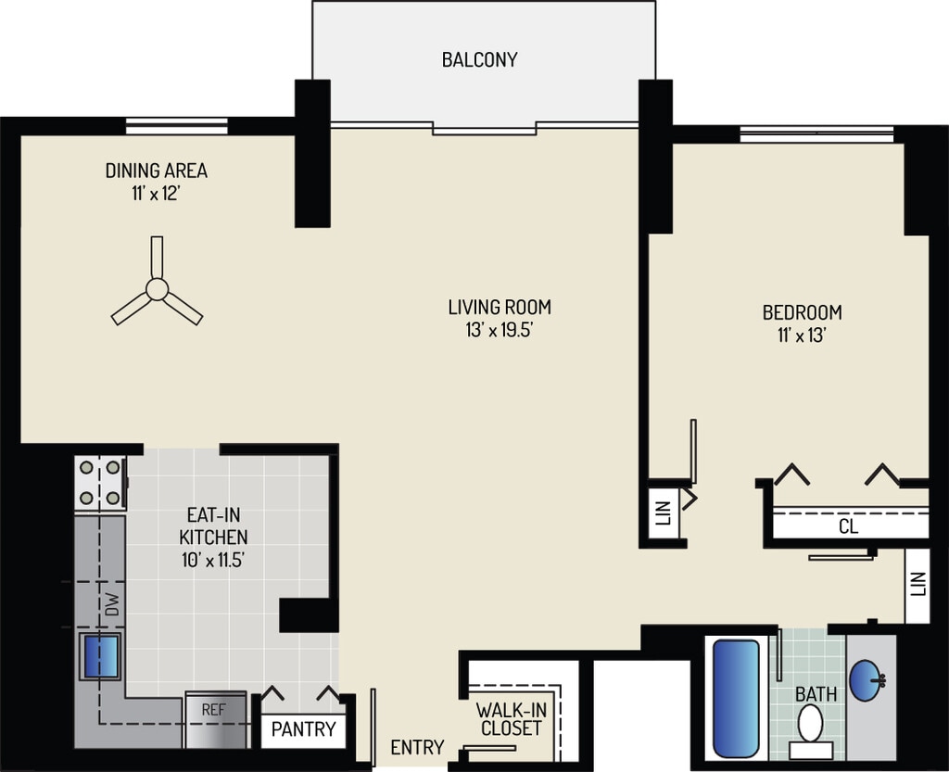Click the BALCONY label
pos(479,60)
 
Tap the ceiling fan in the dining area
pos(157,289)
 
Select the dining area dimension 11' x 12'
pos(156,195)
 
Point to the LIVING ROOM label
pos(500,308)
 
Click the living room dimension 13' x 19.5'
pos(500,331)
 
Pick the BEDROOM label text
pos(802,312)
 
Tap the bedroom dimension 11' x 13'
pos(802,335)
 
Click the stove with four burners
pos(100,482)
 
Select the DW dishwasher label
pos(112,604)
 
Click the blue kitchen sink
pos(101,656)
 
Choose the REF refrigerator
pos(215,720)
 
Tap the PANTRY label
pos(303,729)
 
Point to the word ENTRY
pos(417,748)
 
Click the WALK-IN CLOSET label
pos(511,719)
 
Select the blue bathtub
pos(736,698)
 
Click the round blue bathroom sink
pos(867,680)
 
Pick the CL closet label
pos(849,526)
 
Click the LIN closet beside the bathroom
pos(917,585)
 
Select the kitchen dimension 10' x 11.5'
pos(213,561)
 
